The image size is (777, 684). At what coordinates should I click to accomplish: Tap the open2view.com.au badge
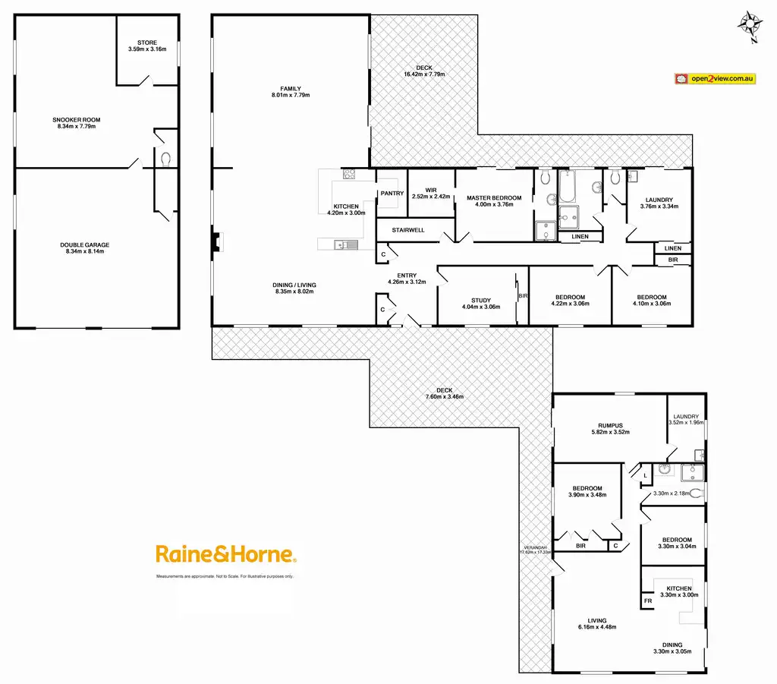pyautogui.click(x=715, y=78)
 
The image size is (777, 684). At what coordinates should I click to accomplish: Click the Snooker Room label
pyautogui.click(x=77, y=120)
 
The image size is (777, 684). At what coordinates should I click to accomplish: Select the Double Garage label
pyautogui.click(x=85, y=245)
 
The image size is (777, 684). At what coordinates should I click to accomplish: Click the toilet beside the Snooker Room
pyautogui.click(x=166, y=159)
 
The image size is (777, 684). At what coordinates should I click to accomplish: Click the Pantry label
pyautogui.click(x=392, y=194)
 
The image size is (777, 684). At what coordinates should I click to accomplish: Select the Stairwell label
pyautogui.click(x=408, y=229)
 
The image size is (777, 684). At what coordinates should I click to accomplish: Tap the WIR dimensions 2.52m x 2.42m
pyautogui.click(x=431, y=197)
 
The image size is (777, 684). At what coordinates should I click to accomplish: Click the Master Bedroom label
pyautogui.click(x=494, y=197)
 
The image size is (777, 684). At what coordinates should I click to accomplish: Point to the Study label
pyautogui.click(x=481, y=301)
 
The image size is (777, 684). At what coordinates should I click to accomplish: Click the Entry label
pyautogui.click(x=406, y=276)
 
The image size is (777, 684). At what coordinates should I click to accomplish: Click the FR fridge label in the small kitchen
pyautogui.click(x=648, y=600)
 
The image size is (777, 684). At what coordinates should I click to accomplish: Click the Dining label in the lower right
pyautogui.click(x=672, y=645)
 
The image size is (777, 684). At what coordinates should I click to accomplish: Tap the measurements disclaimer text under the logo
pyautogui.click(x=225, y=577)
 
